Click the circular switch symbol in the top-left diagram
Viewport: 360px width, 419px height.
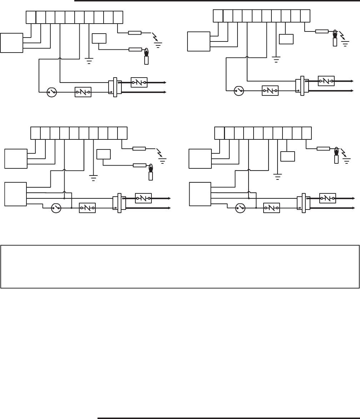pyautogui.click(x=52, y=93)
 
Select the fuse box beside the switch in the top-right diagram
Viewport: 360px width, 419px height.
pyautogui.click(x=270, y=91)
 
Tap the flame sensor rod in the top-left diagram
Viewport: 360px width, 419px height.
pyautogui.click(x=146, y=60)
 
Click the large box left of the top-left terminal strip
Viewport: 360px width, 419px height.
pyautogui.click(x=11, y=42)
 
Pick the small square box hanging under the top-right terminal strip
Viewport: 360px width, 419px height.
pyautogui.click(x=286, y=39)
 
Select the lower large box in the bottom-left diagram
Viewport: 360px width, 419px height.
pyautogui.click(x=15, y=193)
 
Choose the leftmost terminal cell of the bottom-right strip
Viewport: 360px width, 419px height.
pyautogui.click(x=219, y=133)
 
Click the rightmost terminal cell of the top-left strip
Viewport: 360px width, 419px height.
pyautogui.click(x=118, y=17)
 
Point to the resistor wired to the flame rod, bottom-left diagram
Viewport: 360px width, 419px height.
pyautogui.click(x=139, y=165)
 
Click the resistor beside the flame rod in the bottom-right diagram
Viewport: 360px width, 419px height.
pyautogui.click(x=323, y=148)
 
